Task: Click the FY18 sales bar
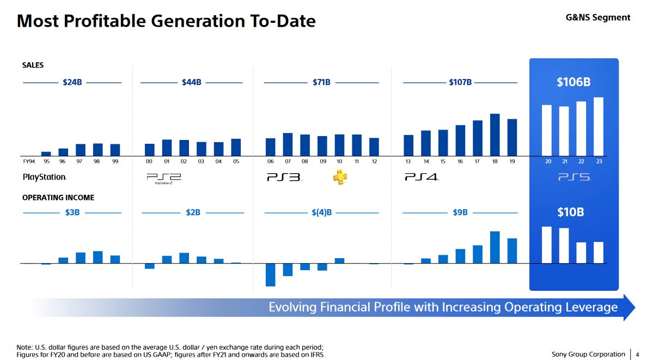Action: (x=495, y=135)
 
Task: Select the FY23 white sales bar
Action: (x=599, y=126)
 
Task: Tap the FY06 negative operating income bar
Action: (x=270, y=274)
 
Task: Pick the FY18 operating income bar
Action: (x=495, y=247)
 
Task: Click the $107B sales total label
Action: (x=460, y=82)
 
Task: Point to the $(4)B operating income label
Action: (x=322, y=212)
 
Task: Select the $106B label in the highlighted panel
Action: (x=573, y=82)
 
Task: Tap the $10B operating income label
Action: (x=570, y=212)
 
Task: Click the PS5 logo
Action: (x=574, y=177)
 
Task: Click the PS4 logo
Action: (x=422, y=177)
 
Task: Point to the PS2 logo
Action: (x=163, y=178)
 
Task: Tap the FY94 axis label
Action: (x=29, y=162)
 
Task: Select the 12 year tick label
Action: (x=374, y=162)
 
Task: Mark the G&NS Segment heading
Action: (x=598, y=17)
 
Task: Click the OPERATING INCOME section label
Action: (x=58, y=198)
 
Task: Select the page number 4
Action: (x=638, y=355)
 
